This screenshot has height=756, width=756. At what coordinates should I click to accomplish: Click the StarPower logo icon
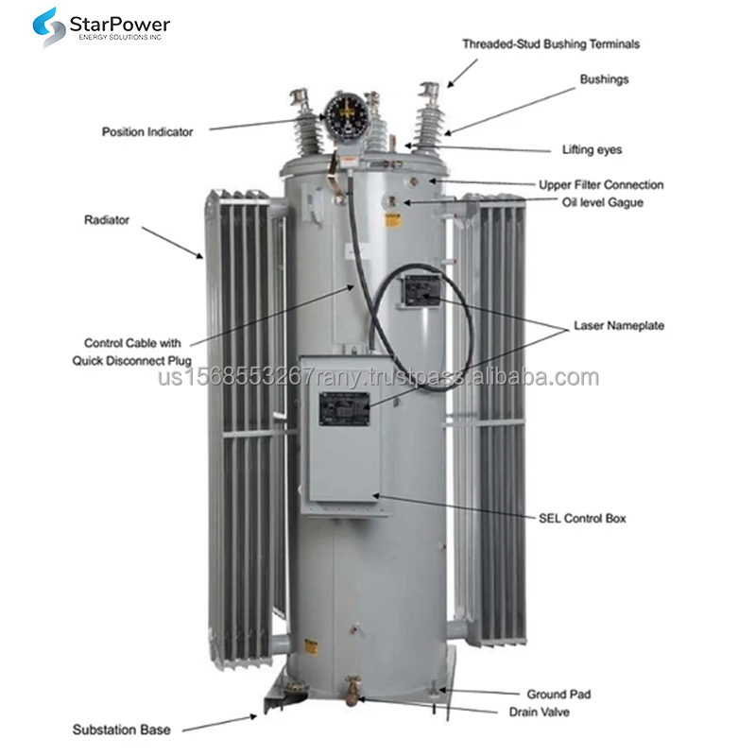pyautogui.click(x=46, y=27)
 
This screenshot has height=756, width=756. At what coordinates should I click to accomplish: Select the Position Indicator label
pyautogui.click(x=147, y=132)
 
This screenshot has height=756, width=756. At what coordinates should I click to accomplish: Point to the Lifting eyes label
pyautogui.click(x=592, y=149)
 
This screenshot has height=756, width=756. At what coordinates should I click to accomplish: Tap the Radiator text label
pyautogui.click(x=107, y=220)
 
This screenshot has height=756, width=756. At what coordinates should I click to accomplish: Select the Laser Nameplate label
pyautogui.click(x=619, y=326)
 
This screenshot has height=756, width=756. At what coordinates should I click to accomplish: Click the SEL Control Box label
pyautogui.click(x=581, y=518)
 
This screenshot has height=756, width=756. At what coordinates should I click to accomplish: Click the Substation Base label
pyautogui.click(x=122, y=730)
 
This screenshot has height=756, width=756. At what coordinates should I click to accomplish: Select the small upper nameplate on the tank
pyautogui.click(x=419, y=293)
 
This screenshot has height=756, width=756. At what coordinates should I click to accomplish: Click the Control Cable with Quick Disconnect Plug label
pyautogui.click(x=132, y=352)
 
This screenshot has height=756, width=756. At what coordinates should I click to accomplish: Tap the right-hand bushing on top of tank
pyautogui.click(x=426, y=118)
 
